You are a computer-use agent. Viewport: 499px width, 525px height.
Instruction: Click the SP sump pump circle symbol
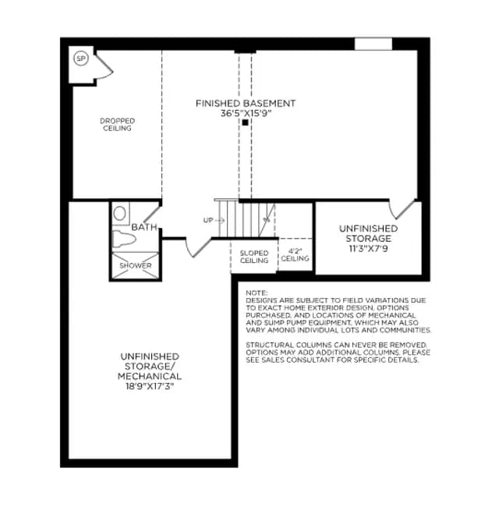click(81, 59)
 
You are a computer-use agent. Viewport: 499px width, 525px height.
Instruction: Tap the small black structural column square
click(246, 122)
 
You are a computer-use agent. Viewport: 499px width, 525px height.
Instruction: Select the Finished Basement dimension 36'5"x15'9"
click(246, 114)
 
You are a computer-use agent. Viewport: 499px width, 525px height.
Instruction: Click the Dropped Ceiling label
click(118, 125)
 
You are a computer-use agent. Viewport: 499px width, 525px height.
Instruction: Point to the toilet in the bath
click(124, 239)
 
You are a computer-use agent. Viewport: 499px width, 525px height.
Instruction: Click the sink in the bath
click(120, 213)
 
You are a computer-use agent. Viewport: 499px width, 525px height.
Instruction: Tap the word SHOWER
click(136, 265)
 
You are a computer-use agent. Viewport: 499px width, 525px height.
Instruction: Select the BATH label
click(144, 227)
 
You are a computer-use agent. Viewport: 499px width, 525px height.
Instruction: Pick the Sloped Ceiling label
click(254, 257)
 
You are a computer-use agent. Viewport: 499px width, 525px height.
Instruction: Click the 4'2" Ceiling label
click(296, 255)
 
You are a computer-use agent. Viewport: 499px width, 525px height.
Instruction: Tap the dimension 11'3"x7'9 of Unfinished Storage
click(368, 249)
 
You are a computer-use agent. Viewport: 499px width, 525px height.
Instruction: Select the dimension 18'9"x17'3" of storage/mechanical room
click(150, 386)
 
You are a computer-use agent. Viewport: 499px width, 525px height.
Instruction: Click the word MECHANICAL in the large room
click(150, 376)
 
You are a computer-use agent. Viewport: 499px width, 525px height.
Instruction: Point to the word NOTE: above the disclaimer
click(257, 293)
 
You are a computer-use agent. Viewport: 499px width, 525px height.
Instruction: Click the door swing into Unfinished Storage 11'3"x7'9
click(402, 210)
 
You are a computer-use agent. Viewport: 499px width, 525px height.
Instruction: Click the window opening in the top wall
click(373, 44)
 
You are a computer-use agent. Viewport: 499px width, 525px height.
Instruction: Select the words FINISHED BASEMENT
click(246, 104)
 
